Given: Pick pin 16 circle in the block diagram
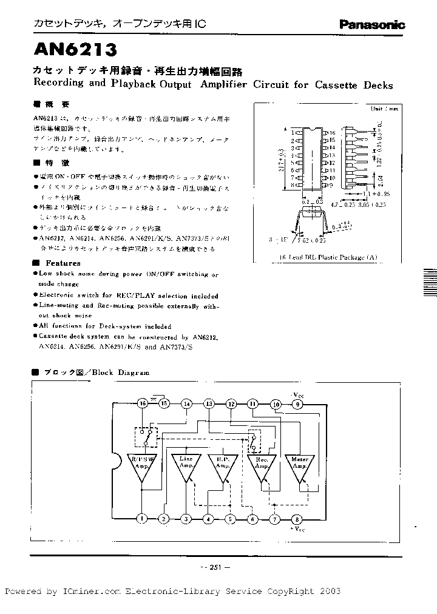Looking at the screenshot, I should click(143, 403).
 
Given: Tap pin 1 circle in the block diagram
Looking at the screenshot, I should click(142, 518).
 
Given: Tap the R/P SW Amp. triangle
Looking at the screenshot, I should click(142, 466).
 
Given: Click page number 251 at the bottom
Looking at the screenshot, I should click(214, 567).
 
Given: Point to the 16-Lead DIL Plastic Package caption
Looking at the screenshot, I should click(328, 257).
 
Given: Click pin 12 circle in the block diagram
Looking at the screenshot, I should click(231, 403).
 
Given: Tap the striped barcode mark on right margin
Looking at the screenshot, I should click(429, 280).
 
